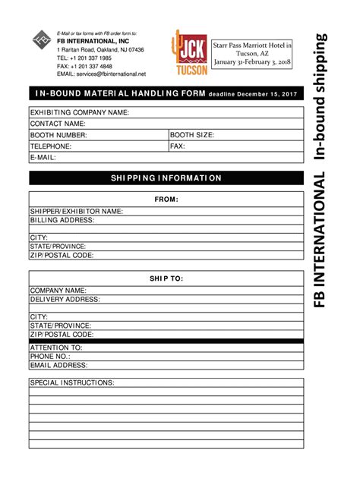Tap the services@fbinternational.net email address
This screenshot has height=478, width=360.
(111, 74)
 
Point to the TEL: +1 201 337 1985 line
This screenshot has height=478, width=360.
(85, 58)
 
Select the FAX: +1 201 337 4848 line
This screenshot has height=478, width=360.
(85, 66)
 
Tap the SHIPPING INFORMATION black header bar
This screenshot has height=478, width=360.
(167, 178)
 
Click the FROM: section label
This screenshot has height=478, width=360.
(167, 200)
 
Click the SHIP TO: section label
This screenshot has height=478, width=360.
(167, 278)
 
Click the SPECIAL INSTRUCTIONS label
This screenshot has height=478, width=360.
(72, 382)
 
